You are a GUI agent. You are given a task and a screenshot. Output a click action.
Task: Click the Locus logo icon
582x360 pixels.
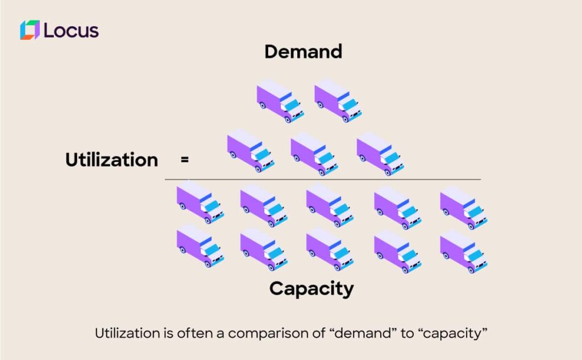click(x=30, y=30)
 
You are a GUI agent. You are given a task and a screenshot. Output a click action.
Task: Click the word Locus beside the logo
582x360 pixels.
click(x=71, y=30)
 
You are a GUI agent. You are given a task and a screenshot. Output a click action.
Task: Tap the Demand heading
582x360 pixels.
click(x=303, y=52)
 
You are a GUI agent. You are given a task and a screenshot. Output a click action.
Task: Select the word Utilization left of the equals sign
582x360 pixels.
click(x=111, y=160)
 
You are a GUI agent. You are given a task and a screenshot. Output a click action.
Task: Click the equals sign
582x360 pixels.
click(x=184, y=160)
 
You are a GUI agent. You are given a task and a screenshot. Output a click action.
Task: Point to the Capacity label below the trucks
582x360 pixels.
click(x=311, y=288)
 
